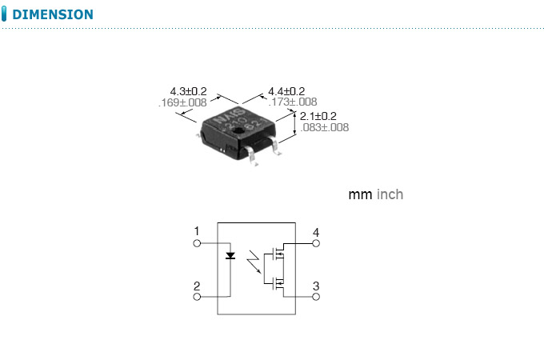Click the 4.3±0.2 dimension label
pyautogui.click(x=188, y=92)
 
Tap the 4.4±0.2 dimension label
pyautogui.click(x=286, y=91)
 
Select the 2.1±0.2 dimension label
pyautogui.click(x=318, y=116)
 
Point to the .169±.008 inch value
pyautogui.click(x=182, y=102)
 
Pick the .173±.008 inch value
pyautogui.click(x=292, y=102)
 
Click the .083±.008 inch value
pyautogui.click(x=324, y=127)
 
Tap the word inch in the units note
pyautogui.click(x=390, y=194)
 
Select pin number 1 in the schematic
pyautogui.click(x=197, y=232)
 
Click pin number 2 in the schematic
pyautogui.click(x=197, y=286)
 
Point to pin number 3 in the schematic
pyautogui.click(x=316, y=286)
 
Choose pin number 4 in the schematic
pyautogui.click(x=316, y=233)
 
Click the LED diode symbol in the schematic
pyautogui.click(x=230, y=256)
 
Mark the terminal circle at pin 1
pyautogui.click(x=197, y=242)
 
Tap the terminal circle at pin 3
pyautogui.click(x=316, y=296)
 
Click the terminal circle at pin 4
pyautogui.click(x=316, y=242)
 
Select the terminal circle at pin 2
pyautogui.click(x=197, y=296)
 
